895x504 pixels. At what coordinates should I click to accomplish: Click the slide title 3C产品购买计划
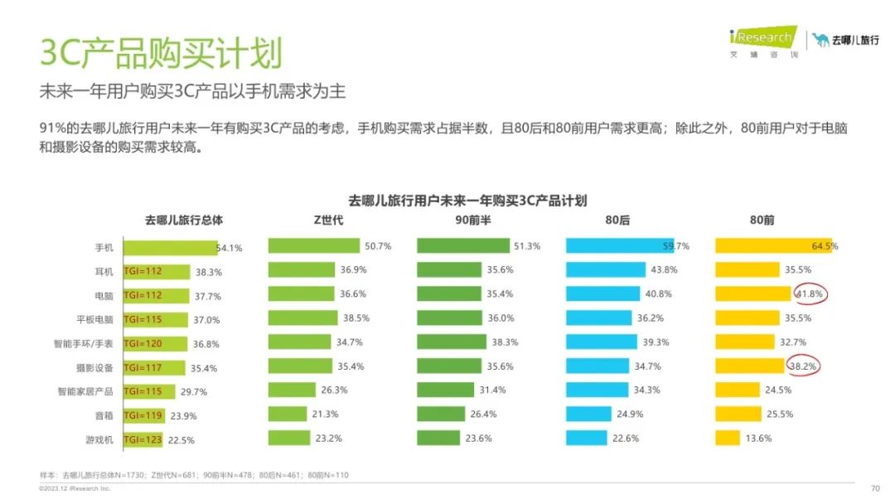coord(162,52)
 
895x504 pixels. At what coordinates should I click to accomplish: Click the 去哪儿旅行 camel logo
coord(845,39)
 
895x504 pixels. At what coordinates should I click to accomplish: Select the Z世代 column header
coord(328,220)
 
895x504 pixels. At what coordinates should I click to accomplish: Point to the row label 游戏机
coord(99,440)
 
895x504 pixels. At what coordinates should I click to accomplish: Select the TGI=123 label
coord(143,440)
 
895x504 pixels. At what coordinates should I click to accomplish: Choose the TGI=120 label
coord(143,343)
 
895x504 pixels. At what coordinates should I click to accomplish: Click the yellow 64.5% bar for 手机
coord(773,246)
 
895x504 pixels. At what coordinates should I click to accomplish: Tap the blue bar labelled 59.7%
coord(619,246)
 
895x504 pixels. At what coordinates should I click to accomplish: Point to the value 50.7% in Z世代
coord(377,246)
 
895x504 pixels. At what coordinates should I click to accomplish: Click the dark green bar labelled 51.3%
coord(462,246)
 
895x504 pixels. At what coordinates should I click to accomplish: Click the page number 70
coord(875,488)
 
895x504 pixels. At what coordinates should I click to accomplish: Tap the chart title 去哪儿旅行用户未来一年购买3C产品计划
coord(467,201)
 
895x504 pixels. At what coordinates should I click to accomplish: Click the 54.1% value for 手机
coord(230,247)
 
